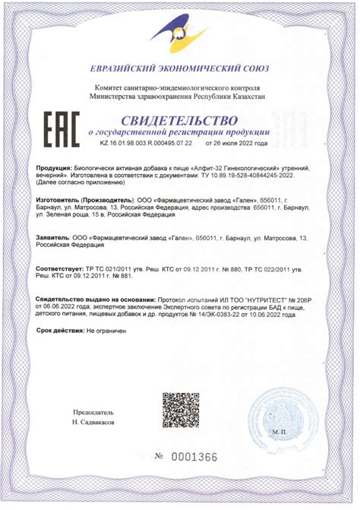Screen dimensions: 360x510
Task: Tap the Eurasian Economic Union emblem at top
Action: pyautogui.click(x=179, y=31)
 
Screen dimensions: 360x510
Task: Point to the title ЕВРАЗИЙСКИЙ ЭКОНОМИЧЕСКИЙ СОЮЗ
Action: pyautogui.click(x=179, y=68)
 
